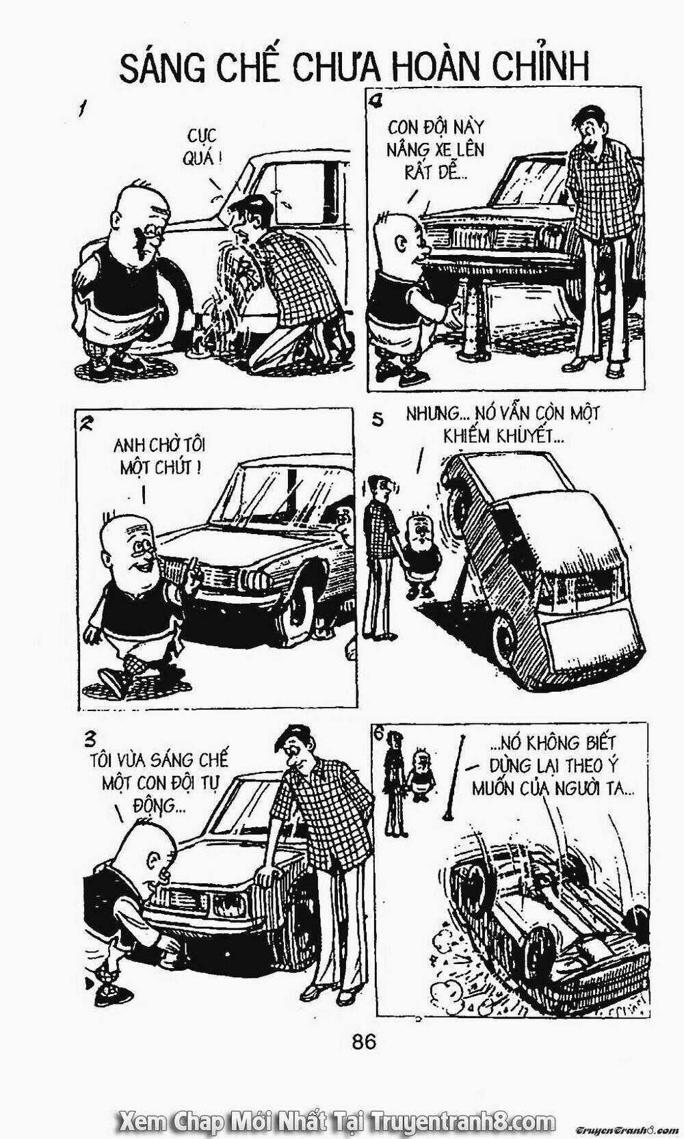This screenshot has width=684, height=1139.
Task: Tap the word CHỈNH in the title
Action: pyautogui.click(x=540, y=66)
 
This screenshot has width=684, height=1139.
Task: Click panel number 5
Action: pyautogui.click(x=378, y=420)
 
